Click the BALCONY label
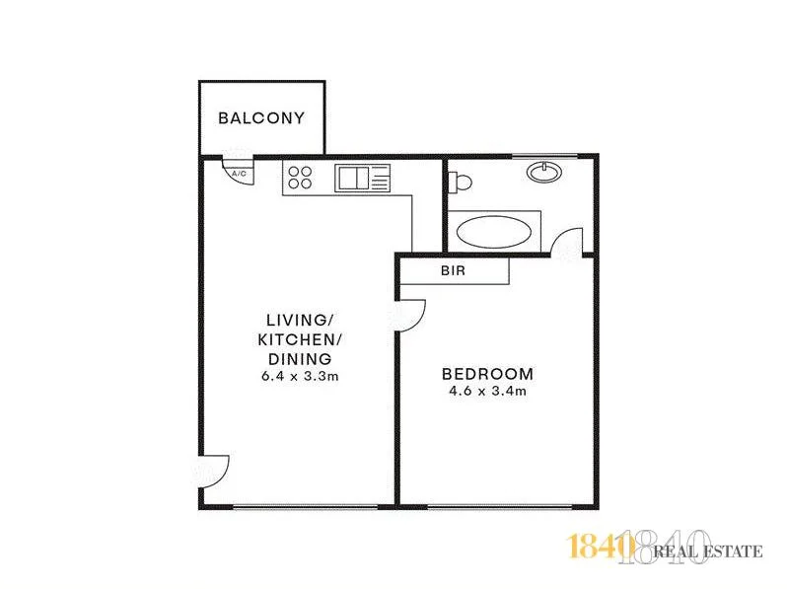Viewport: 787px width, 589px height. pyautogui.click(x=261, y=118)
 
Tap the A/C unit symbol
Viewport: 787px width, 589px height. pyautogui.click(x=238, y=171)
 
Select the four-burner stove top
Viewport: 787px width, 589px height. pyautogui.click(x=300, y=178)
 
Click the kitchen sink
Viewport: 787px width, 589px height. pyautogui.click(x=352, y=179)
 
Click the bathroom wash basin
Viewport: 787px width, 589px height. pyautogui.click(x=539, y=173)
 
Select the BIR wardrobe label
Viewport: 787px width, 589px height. pyautogui.click(x=454, y=269)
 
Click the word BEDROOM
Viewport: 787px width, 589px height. pyautogui.click(x=487, y=374)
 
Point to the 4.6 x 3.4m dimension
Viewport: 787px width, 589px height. pyautogui.click(x=487, y=392)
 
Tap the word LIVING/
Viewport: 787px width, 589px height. pyautogui.click(x=296, y=321)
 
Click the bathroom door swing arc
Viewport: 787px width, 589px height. pyautogui.click(x=569, y=242)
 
